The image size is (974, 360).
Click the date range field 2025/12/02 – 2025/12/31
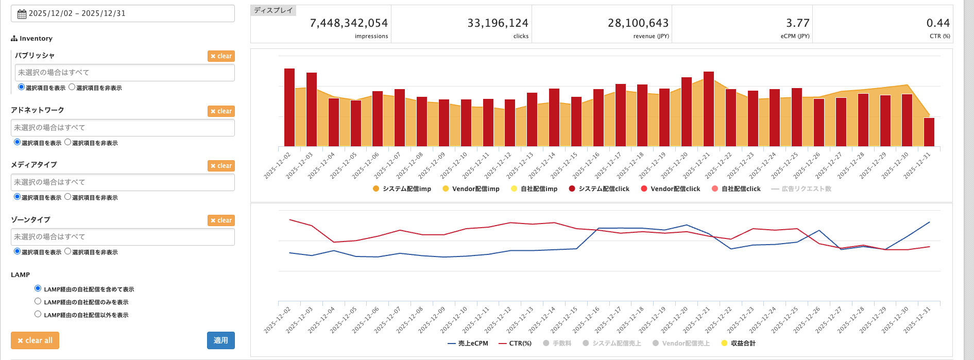123,13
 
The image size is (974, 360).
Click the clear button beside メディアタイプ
221,166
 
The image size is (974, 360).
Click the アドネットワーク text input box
123,128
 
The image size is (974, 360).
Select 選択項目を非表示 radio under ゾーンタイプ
68,251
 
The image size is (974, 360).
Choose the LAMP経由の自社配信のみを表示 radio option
38,301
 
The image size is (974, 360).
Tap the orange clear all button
35,340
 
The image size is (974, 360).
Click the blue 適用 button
221,340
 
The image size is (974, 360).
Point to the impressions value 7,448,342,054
349,23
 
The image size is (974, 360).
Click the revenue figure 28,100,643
638,23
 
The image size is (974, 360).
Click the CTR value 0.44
937,23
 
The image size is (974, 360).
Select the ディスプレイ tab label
273,10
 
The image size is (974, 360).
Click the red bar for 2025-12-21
708,109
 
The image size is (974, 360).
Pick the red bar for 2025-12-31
929,132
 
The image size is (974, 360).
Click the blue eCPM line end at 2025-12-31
929,222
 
